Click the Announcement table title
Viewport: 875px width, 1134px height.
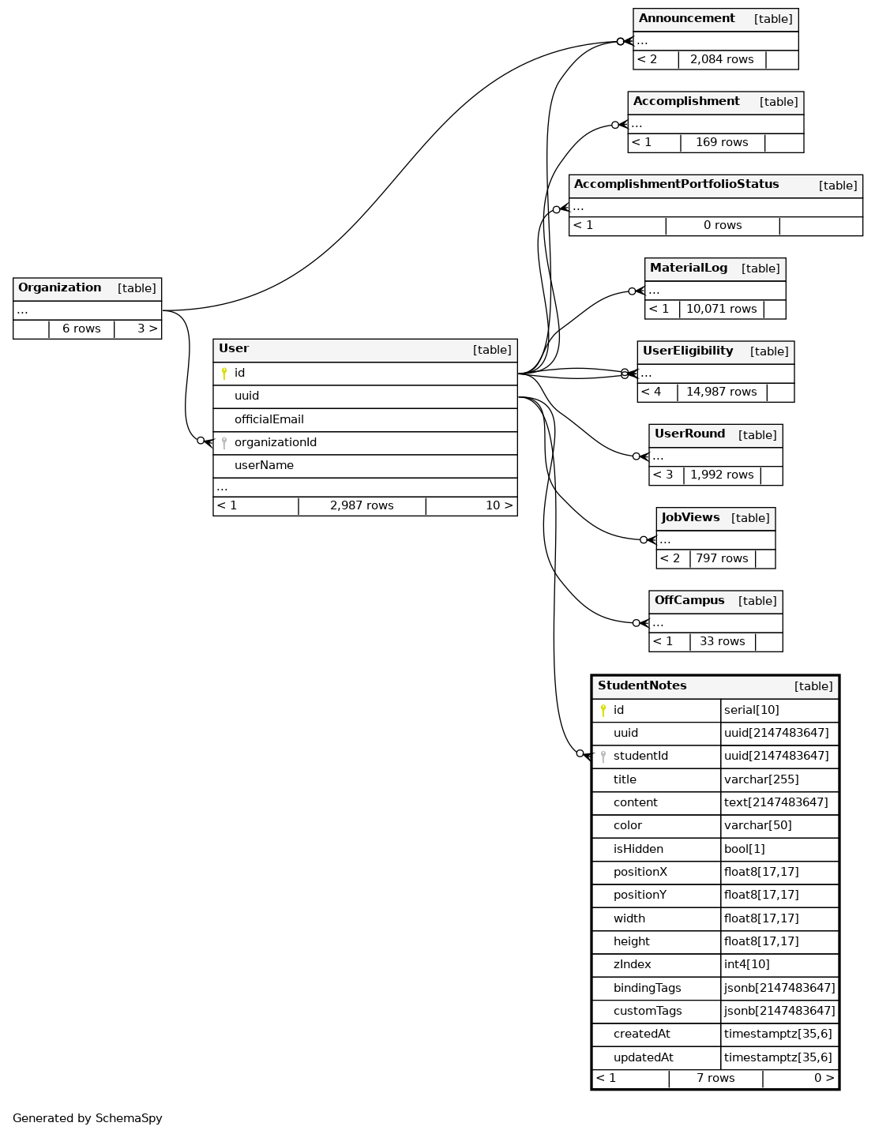(686, 19)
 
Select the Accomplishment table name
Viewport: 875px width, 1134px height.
(686, 102)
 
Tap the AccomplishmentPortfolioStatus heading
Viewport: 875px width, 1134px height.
(676, 185)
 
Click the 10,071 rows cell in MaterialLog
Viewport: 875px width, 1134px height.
(721, 309)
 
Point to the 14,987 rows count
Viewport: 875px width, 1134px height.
(721, 392)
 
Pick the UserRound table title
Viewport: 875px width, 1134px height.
(689, 434)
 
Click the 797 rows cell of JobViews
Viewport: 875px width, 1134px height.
(722, 558)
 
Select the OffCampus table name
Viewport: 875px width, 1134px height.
(689, 601)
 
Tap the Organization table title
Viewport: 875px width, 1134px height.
(60, 288)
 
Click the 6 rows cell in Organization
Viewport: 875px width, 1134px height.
(81, 329)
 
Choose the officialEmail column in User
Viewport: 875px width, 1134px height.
(269, 419)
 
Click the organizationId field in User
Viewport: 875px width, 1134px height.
(275, 442)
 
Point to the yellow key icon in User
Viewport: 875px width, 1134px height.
(224, 374)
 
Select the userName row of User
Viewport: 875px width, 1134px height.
(264, 465)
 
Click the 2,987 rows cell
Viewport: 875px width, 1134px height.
(362, 505)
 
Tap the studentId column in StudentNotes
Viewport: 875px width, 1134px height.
(640, 756)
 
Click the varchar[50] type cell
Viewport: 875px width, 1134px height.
(757, 825)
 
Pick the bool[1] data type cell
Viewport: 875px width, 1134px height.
(744, 849)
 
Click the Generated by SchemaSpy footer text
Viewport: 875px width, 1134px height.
(88, 1118)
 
